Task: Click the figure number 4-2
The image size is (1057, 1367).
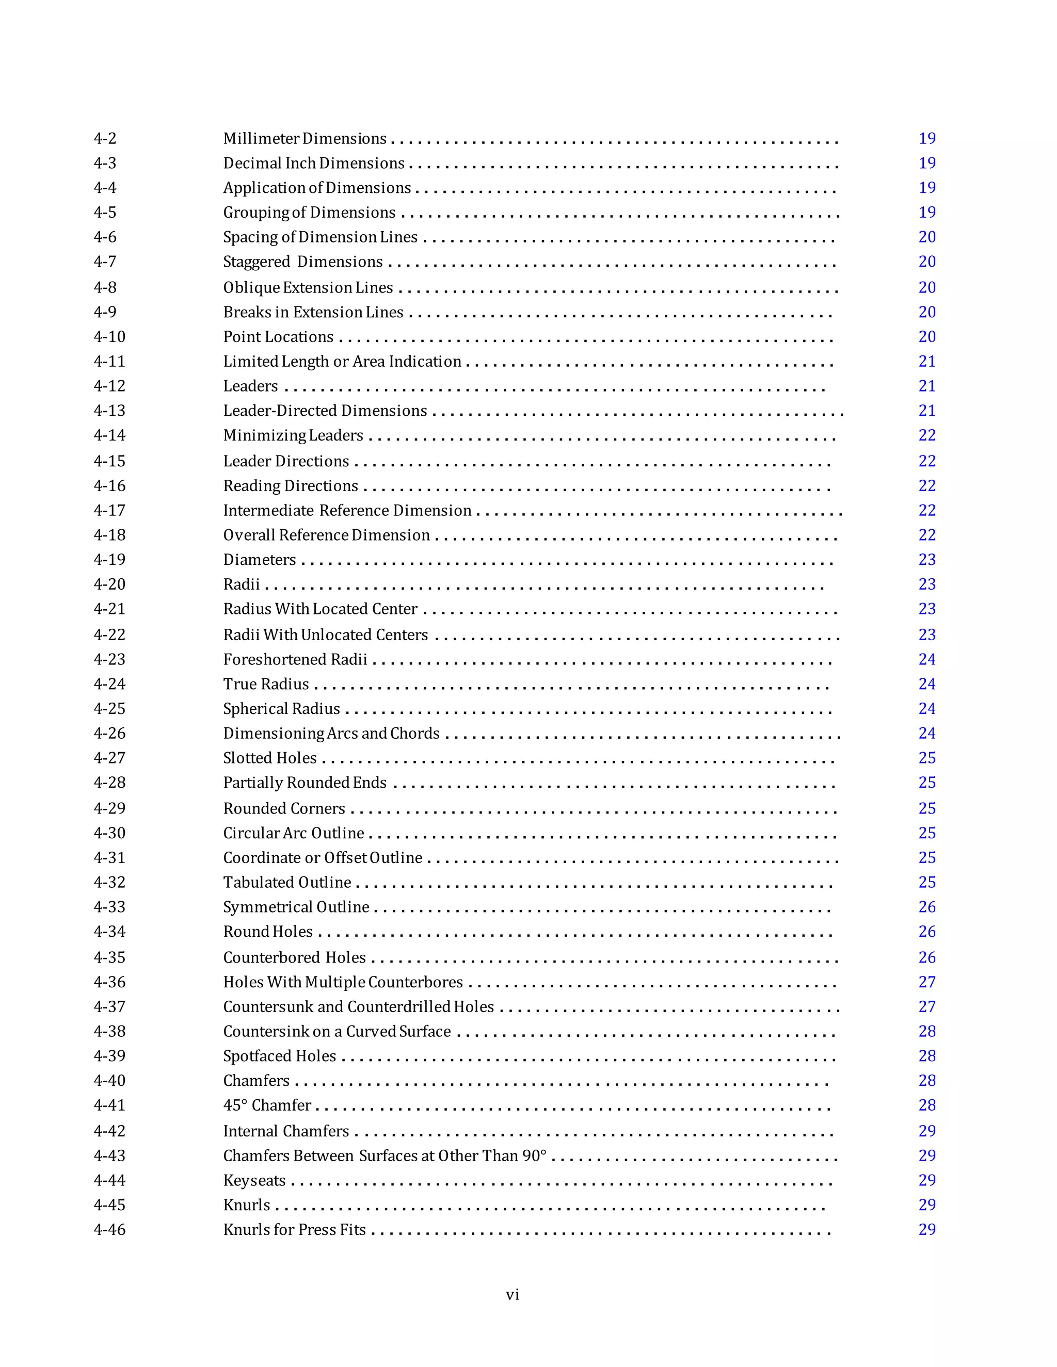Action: [105, 138]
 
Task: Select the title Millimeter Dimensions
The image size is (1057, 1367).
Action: [305, 138]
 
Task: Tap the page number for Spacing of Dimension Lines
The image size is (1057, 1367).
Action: [927, 237]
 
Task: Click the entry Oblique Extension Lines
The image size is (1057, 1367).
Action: [308, 287]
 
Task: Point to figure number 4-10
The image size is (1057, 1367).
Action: [109, 337]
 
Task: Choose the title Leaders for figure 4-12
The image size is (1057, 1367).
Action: [250, 386]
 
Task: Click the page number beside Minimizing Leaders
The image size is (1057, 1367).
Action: [927, 436]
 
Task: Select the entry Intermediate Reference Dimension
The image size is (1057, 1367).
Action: [347, 511]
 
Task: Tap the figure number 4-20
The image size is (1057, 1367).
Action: [109, 584]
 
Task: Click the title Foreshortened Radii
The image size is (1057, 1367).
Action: [295, 660]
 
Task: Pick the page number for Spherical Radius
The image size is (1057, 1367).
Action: [927, 709]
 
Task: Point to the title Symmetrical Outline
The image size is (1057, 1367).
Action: [296, 907]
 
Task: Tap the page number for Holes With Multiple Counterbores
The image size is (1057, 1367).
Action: [927, 982]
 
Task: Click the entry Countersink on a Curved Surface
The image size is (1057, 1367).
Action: [337, 1032]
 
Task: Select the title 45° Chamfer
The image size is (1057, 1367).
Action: [267, 1105]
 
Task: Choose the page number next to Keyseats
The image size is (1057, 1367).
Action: [927, 1180]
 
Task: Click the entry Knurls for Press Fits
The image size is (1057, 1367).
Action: [294, 1230]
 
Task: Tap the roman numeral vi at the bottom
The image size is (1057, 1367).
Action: [512, 1295]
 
